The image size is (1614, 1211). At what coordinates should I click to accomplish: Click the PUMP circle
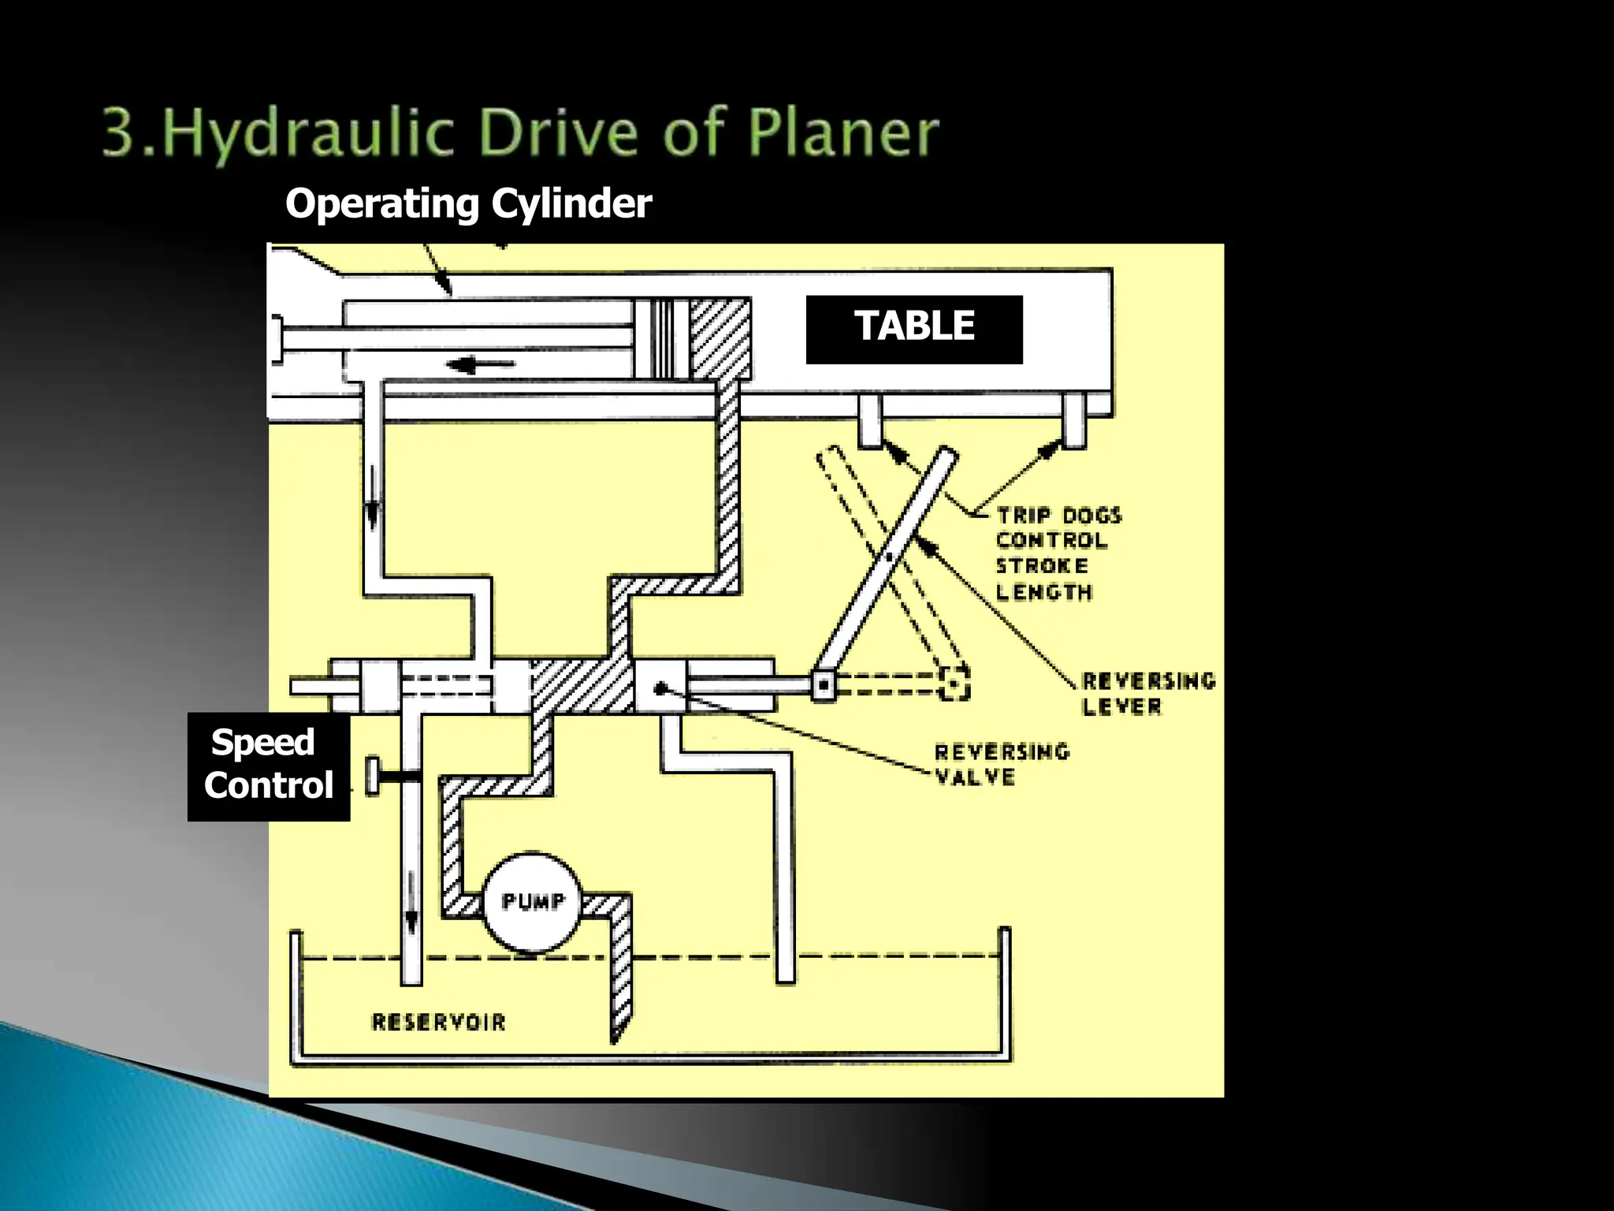point(532,902)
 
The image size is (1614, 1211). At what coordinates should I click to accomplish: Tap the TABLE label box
point(914,329)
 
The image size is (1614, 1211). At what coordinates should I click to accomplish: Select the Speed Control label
point(268,765)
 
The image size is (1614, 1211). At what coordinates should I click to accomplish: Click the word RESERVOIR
point(438,1023)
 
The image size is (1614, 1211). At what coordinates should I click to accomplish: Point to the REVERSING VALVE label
point(1002,764)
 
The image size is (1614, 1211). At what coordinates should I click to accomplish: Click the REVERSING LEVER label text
point(1147,693)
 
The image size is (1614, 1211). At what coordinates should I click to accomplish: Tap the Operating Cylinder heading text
point(468,203)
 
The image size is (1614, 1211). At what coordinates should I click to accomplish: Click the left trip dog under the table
point(869,422)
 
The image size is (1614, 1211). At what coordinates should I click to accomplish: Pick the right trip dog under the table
point(1073,422)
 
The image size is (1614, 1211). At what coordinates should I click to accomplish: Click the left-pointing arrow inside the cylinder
point(481,364)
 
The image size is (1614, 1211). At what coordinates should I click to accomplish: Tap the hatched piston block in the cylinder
point(720,339)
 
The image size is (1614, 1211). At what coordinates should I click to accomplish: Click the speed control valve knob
point(374,777)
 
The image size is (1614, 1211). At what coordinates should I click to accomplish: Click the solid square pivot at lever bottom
point(824,685)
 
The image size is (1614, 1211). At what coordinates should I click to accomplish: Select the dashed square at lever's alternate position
point(954,684)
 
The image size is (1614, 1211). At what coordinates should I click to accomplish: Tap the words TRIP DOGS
point(1059,516)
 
